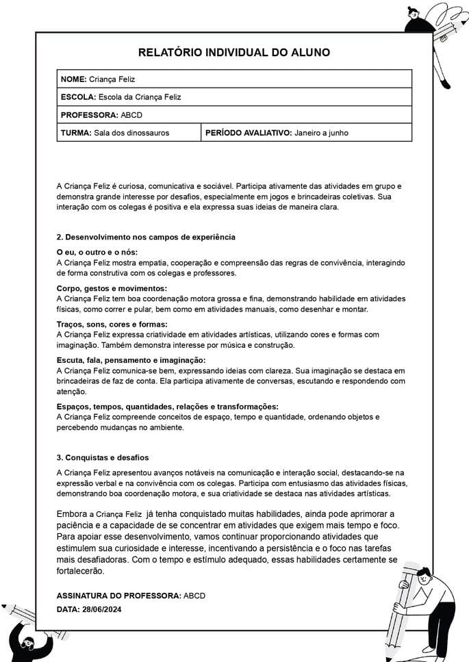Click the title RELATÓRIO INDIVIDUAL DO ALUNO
click(234, 53)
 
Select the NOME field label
click(73, 79)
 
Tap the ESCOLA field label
click(78, 97)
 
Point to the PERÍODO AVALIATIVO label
click(248, 133)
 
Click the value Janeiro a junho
click(321, 133)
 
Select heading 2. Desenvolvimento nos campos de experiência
click(146, 237)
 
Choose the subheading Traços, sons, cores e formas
click(112, 324)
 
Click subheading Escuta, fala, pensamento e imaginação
click(131, 360)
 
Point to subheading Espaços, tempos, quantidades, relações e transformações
click(167, 407)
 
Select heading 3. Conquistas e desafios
click(103, 457)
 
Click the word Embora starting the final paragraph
click(71, 513)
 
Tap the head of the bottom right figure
click(423, 576)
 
